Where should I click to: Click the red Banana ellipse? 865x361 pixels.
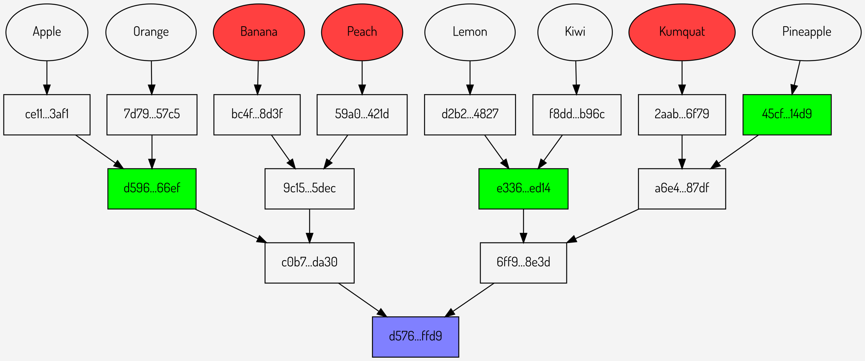(259, 32)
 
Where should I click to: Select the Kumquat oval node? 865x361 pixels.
(682, 32)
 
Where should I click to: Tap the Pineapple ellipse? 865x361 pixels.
(806, 32)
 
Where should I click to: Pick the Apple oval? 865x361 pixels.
(47, 32)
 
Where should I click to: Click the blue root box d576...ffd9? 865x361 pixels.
(415, 337)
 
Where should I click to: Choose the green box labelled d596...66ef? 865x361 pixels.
(152, 189)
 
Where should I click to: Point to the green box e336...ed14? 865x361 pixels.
(523, 189)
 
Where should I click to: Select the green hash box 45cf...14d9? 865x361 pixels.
(787, 114)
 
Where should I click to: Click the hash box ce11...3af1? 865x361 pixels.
(47, 114)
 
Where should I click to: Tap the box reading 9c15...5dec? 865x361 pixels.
(309, 189)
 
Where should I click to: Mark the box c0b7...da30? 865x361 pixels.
(309, 262)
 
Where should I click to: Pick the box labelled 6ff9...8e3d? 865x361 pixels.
(523, 262)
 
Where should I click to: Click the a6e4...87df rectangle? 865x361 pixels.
(682, 189)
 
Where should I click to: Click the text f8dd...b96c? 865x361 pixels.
(577, 114)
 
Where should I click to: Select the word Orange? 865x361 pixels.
(151, 32)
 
